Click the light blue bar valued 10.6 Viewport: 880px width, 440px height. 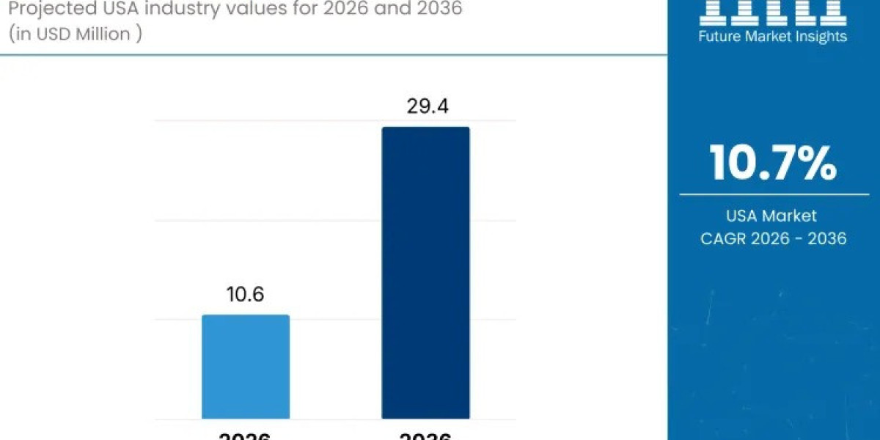coord(246,367)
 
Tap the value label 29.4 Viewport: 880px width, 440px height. coord(428,107)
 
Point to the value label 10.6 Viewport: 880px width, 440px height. coord(245,295)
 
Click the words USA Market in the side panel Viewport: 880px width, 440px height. coord(773,216)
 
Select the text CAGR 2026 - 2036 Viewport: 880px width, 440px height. coord(773,238)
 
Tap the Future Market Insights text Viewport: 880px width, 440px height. coord(774,36)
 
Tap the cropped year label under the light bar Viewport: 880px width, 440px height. coord(246,435)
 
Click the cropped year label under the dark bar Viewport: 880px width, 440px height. coord(425,435)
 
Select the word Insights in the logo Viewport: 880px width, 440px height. coord(822,36)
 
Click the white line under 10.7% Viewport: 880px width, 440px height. coord(773,194)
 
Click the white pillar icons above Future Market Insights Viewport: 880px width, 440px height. coord(773,10)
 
